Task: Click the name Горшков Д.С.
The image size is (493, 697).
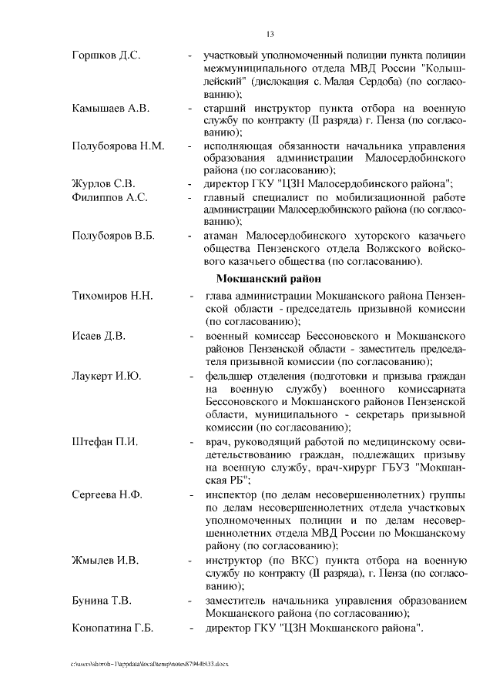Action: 105,56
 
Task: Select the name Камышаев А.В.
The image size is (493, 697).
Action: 110,109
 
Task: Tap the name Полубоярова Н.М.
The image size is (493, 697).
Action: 118,146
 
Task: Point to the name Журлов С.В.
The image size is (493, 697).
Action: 103,183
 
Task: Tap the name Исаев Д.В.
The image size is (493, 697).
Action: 99,337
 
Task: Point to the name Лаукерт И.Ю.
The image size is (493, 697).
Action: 106,376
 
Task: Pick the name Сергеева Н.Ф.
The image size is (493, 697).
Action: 107,494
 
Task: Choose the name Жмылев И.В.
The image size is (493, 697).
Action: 105,561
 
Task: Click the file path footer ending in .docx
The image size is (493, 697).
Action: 151,662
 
